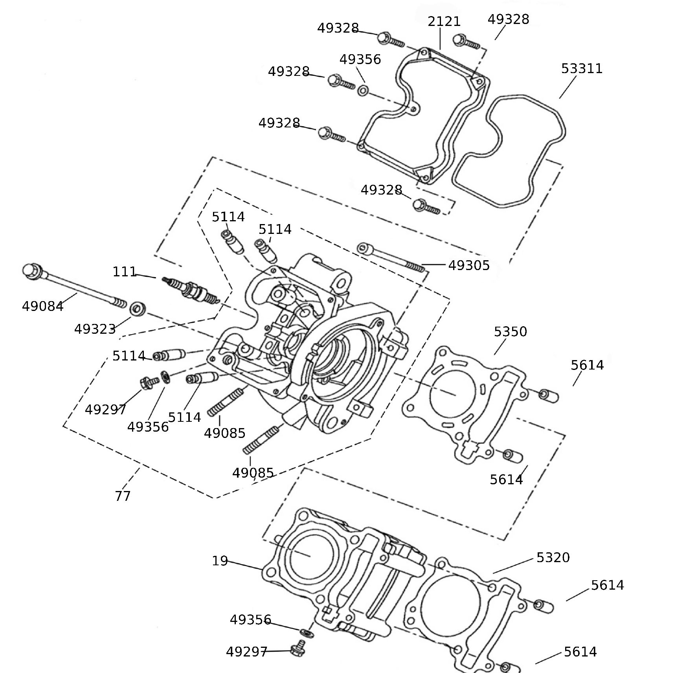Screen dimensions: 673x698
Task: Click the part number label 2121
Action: pos(444,21)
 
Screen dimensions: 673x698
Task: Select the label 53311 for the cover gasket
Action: pos(581,69)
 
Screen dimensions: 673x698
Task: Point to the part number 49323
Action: pos(95,329)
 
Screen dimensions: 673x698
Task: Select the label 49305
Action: pos(469,266)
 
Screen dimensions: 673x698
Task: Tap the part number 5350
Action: pos(510,332)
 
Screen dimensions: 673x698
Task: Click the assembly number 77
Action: pos(122,496)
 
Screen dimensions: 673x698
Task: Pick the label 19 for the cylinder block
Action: pos(220,561)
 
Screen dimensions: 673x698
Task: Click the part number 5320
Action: pos(553,557)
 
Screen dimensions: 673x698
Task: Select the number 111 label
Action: pos(125,272)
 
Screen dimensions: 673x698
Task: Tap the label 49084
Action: pos(42,306)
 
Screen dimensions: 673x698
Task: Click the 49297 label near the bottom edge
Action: pos(246,652)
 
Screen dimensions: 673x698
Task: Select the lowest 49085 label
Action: pos(253,473)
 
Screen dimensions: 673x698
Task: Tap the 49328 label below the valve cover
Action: pos(381,190)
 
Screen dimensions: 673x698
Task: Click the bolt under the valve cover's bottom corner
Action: pos(426,206)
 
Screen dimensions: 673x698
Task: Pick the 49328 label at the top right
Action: pos(508,19)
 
